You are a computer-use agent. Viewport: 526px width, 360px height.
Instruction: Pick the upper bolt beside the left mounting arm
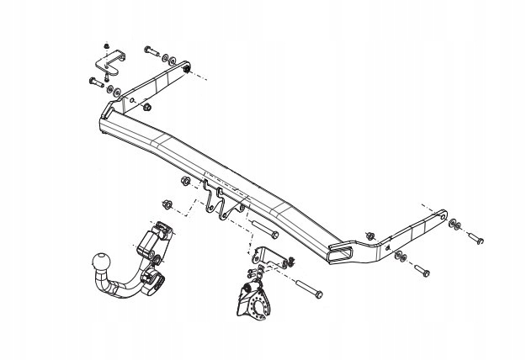pyautogui.click(x=152, y=51)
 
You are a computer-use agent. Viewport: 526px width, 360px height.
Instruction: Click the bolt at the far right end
pyautogui.click(x=475, y=237)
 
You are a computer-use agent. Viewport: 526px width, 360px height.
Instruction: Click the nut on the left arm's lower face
pyautogui.click(x=147, y=107)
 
